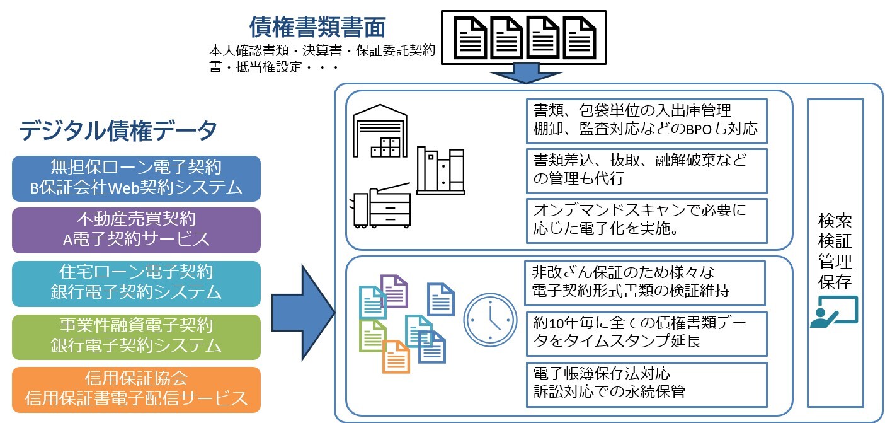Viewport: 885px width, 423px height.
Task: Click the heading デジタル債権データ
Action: pos(118,131)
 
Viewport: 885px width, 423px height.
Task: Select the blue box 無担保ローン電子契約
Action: pos(137,178)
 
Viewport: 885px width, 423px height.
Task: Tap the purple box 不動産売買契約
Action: pos(137,230)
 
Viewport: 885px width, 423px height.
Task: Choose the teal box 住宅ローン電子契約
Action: pos(137,283)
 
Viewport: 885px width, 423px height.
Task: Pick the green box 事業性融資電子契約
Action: pos(137,336)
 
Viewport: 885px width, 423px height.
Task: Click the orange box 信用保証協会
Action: pos(137,389)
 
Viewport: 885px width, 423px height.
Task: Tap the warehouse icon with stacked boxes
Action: pos(380,134)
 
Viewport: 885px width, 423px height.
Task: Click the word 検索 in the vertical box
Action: pos(835,221)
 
